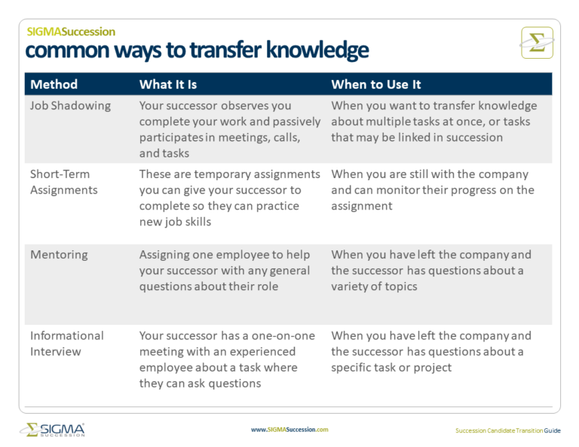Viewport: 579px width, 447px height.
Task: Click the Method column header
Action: click(54, 84)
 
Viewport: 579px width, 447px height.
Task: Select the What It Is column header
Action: click(167, 84)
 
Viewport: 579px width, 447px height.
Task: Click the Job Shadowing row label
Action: click(70, 106)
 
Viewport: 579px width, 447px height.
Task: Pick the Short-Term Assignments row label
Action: click(63, 182)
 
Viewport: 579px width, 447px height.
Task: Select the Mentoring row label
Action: click(59, 255)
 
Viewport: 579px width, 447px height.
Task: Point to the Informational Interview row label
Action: click(66, 343)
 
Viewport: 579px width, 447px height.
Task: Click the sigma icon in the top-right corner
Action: click(537, 43)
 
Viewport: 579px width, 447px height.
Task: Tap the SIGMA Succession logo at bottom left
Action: click(52, 430)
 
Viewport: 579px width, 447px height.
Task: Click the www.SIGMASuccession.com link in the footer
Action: click(289, 430)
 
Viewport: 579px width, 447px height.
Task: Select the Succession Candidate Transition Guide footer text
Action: click(507, 430)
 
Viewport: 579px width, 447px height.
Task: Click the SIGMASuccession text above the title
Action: click(71, 32)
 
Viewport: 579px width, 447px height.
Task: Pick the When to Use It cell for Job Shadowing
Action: click(433, 121)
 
